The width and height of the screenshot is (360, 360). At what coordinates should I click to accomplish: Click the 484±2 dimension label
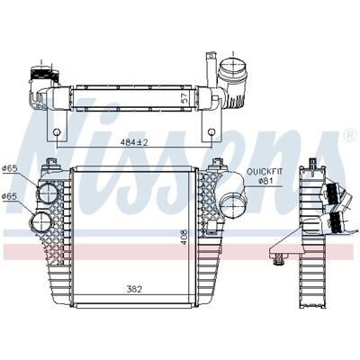(135, 142)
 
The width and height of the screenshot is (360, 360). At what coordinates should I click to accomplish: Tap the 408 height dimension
(184, 237)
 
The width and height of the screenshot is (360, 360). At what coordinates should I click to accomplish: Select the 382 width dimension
(133, 289)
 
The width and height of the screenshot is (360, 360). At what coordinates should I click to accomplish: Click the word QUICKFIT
(265, 172)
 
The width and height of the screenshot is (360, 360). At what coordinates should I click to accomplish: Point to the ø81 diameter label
(265, 181)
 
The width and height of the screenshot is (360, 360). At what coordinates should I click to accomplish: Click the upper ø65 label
(9, 168)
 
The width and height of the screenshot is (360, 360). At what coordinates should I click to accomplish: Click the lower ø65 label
(9, 196)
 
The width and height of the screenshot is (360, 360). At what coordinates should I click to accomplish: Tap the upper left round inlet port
(48, 193)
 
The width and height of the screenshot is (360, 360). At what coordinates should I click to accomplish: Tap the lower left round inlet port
(40, 223)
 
